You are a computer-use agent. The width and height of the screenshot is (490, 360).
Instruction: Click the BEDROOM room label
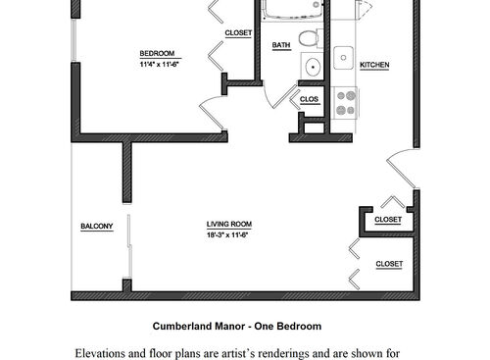click(157, 53)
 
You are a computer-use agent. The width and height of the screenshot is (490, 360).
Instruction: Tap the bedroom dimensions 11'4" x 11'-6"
click(157, 64)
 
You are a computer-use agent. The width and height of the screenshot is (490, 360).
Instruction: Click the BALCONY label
click(97, 228)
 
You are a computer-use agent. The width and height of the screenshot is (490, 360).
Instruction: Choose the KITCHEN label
click(374, 66)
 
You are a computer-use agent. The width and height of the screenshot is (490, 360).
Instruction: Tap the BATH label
click(281, 45)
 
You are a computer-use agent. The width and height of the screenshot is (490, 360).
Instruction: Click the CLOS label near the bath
click(309, 99)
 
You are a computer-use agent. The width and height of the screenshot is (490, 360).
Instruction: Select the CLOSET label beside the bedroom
click(238, 33)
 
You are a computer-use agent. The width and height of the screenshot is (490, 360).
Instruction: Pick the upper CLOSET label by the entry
click(388, 220)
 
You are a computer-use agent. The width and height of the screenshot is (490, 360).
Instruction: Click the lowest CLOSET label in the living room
click(389, 264)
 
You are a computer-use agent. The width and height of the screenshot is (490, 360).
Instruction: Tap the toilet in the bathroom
click(309, 40)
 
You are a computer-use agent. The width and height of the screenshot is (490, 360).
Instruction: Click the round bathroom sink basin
click(312, 68)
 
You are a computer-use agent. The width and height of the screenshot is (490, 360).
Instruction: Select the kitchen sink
click(343, 57)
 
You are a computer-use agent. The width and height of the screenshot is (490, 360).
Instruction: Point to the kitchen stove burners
click(346, 102)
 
